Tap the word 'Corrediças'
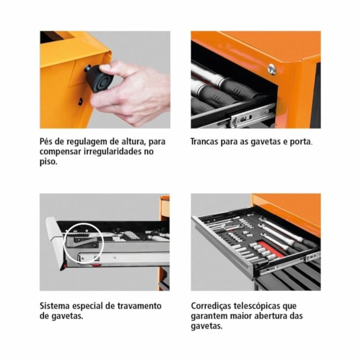214,305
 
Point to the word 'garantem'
210,316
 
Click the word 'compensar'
61,152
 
